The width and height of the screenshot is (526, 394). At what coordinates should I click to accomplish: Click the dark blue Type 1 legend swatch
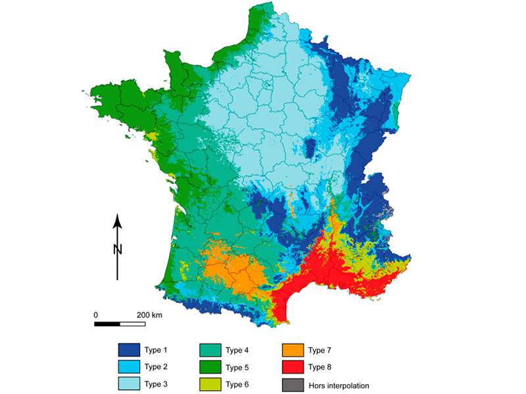coord(129,349)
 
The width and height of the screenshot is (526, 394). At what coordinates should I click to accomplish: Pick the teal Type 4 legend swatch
coord(210,349)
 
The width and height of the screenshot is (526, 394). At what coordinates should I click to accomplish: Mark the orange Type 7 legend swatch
coord(293,349)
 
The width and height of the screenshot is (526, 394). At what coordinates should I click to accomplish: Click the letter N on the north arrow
coord(118,249)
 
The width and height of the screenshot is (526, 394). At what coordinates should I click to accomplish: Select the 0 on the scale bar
coord(96,315)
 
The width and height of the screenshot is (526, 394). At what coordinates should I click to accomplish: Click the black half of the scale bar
coord(107,324)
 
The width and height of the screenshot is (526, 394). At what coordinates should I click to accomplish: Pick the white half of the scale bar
coord(132,324)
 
